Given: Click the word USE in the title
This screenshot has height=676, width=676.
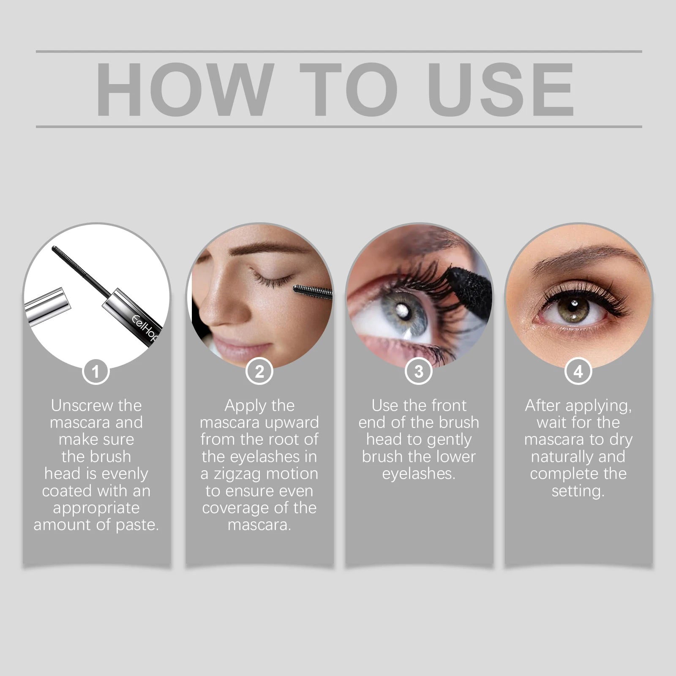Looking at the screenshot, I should [501, 89].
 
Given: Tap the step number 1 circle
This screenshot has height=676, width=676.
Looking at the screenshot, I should [95, 371].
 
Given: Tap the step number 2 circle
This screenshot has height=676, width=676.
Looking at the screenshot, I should [259, 371].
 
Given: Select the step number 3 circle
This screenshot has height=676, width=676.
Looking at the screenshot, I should [419, 371].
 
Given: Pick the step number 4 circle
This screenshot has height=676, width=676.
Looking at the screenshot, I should [578, 371].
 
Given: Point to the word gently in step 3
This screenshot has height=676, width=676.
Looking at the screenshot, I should [446, 440].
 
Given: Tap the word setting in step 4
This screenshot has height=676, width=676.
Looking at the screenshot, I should [578, 491].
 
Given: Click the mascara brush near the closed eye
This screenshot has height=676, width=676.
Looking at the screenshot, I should [313, 291].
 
